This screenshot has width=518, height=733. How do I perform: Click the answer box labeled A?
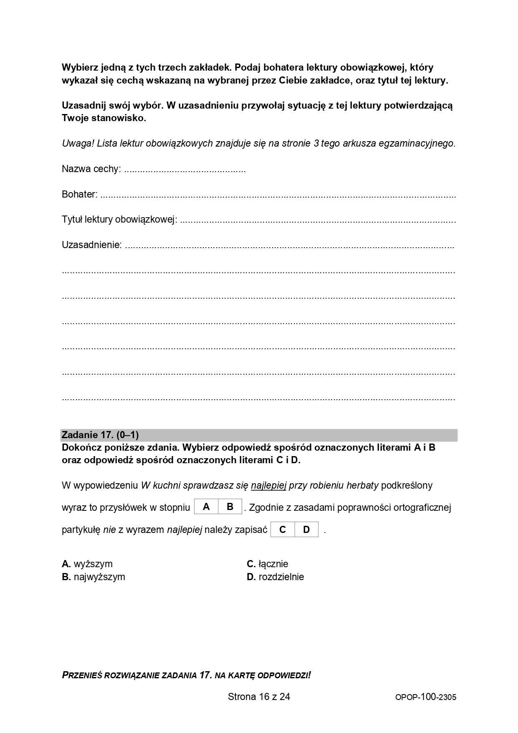coord(206,507)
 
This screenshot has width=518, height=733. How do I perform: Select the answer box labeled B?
coord(230,507)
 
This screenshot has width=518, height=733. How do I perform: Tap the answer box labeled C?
coord(283,530)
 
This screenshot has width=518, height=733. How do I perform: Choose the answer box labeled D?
coord(306,530)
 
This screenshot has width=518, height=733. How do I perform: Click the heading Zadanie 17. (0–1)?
coord(100,435)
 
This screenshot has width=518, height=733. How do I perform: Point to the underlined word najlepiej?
coord(268,485)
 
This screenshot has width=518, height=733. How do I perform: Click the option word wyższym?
coord(93,564)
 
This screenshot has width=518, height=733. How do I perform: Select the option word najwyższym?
coord(99,577)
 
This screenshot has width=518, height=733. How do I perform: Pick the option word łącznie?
coord(273,564)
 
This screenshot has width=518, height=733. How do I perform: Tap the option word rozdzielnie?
coord(281,577)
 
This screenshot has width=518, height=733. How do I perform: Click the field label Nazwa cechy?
coord(91,169)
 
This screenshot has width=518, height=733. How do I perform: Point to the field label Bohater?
coord(80,194)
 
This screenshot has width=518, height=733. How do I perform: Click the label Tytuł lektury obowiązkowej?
coord(119,220)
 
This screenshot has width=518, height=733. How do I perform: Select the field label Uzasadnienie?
coord(92,245)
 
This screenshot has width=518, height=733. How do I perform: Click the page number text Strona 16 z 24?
coord(259,696)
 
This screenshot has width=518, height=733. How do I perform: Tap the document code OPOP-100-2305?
coord(426,697)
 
